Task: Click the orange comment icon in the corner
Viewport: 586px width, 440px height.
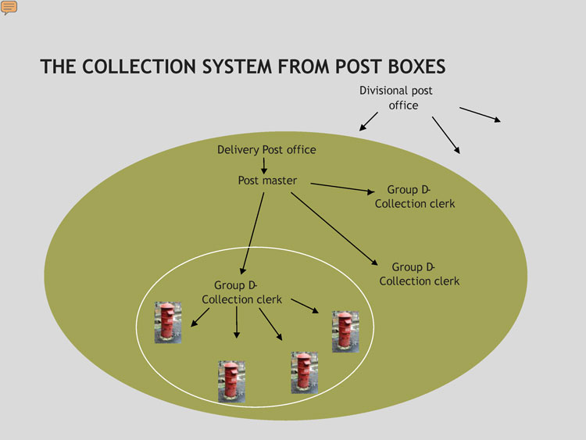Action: (x=9, y=8)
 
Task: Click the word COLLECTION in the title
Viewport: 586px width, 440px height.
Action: (x=139, y=66)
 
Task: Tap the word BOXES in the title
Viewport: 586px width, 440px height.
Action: (x=416, y=66)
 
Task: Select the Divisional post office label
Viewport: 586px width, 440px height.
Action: (x=396, y=98)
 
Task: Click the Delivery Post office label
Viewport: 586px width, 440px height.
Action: (x=267, y=150)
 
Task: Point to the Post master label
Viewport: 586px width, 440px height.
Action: (x=267, y=181)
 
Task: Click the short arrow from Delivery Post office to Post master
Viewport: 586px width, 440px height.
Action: (x=264, y=166)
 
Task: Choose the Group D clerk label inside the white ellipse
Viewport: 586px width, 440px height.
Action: (x=241, y=292)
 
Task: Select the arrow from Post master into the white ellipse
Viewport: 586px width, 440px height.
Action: (x=252, y=233)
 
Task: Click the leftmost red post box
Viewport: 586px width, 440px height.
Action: (x=168, y=323)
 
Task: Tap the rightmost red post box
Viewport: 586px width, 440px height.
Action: (x=345, y=331)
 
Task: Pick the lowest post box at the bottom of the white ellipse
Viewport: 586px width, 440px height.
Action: (x=232, y=381)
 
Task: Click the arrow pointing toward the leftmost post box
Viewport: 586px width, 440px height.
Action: (x=200, y=317)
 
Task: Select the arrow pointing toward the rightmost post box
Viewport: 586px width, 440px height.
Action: (x=305, y=306)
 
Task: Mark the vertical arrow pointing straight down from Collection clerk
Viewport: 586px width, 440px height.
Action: (x=236, y=322)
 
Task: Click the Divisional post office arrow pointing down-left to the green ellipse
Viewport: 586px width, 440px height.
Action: (x=369, y=121)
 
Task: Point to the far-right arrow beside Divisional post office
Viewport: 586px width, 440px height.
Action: (x=480, y=114)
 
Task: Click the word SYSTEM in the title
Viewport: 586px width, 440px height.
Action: (x=237, y=66)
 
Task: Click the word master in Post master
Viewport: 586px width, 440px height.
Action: (x=280, y=181)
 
